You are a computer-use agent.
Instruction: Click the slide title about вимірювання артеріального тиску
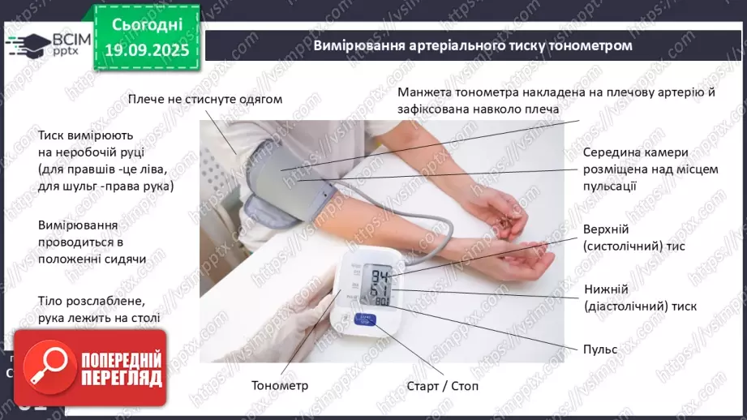pyautogui.click(x=472, y=45)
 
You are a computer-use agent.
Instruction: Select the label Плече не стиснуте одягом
pyautogui.click(x=204, y=100)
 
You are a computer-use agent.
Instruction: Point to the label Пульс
pyautogui.click(x=600, y=349)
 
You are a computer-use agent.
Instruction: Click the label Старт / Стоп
pyautogui.click(x=442, y=386)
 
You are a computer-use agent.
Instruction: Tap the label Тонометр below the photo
pyautogui.click(x=280, y=386)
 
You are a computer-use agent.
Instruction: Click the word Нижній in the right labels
pyautogui.click(x=604, y=289)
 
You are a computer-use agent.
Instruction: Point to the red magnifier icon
pyautogui.click(x=49, y=370)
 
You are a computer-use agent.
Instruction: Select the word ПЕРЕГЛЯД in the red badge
pyautogui.click(x=121, y=377)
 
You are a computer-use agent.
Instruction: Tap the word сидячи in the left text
pyautogui.click(x=126, y=259)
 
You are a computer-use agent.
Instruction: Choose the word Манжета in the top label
pyautogui.click(x=425, y=92)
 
